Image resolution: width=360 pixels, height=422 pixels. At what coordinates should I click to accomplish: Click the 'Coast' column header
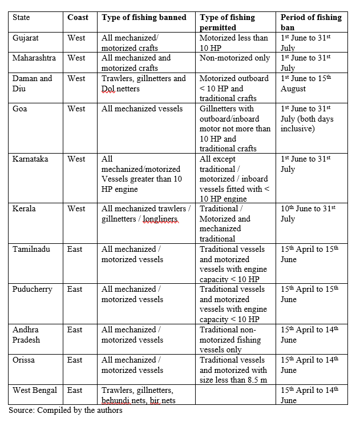[78, 18]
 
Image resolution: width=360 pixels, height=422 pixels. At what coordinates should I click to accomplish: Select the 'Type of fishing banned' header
[144, 18]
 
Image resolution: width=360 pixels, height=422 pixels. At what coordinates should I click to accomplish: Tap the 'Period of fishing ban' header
[311, 22]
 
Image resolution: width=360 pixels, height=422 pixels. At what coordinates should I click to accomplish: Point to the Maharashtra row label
[35, 58]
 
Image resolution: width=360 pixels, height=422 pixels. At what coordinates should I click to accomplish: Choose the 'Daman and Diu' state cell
[32, 83]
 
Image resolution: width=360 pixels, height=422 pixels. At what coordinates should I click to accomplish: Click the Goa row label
[20, 108]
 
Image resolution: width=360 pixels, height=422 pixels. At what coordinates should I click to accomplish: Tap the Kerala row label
[24, 208]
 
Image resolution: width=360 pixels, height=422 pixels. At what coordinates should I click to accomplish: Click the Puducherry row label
[33, 289]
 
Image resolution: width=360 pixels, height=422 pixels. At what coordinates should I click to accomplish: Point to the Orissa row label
[25, 360]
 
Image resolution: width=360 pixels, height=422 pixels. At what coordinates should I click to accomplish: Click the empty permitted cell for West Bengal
[236, 395]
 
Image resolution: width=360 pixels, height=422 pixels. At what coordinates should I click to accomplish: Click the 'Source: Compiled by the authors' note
[65, 410]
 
